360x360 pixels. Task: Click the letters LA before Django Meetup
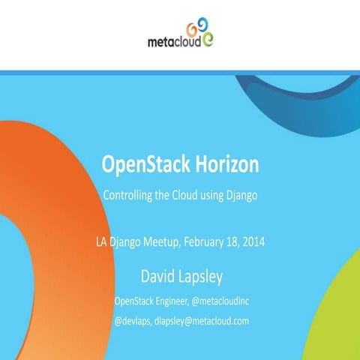pyautogui.click(x=102, y=242)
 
